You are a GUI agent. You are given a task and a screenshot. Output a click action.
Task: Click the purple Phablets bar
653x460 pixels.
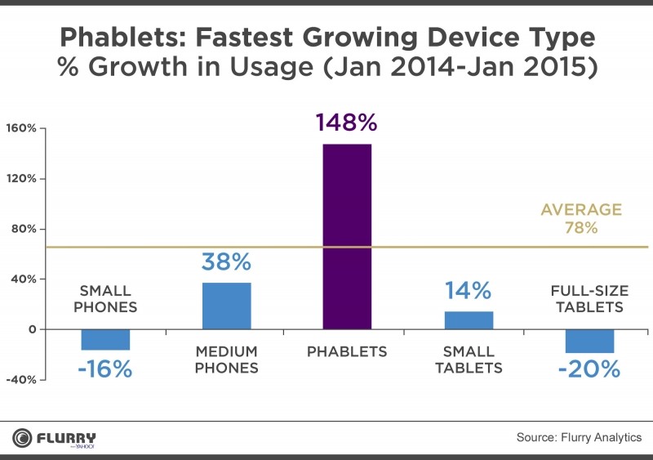pos(347,237)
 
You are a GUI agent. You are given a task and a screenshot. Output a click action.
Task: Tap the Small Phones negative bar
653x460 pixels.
pos(105,339)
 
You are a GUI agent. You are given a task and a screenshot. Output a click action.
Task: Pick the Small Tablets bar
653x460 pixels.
pos(469,320)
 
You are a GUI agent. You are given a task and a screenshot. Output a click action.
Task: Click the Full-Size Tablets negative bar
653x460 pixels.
pos(589,341)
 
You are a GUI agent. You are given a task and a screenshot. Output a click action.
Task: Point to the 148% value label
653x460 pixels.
pos(347,123)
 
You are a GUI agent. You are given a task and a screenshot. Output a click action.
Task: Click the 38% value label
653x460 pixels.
pos(226,262)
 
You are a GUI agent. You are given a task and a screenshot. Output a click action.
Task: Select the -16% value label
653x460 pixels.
pos(105,369)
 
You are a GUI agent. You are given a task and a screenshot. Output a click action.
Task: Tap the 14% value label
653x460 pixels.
pos(468,291)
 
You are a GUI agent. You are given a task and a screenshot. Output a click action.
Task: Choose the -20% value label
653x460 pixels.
pos(589,369)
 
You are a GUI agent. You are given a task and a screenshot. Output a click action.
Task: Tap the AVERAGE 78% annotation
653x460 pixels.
pos(581,219)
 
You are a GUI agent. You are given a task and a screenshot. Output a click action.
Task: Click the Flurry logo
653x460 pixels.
pos(55,438)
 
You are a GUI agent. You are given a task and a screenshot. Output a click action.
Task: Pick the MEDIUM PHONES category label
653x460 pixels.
pos(226,360)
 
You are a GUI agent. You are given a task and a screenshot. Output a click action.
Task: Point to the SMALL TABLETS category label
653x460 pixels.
pos(469,360)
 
